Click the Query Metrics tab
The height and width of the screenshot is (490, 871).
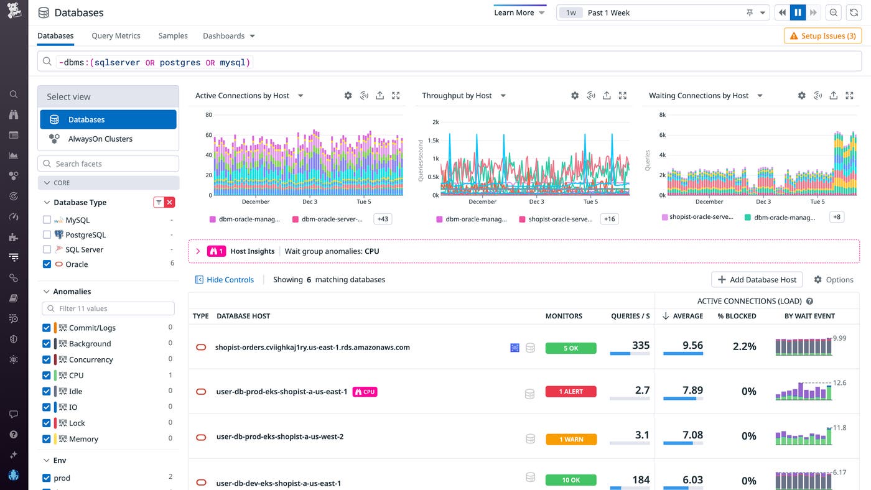116,35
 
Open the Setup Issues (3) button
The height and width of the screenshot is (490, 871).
822,36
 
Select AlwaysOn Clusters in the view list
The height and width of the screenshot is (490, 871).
100,139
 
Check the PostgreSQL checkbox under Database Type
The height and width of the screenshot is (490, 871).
47,234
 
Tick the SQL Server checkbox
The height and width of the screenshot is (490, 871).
47,249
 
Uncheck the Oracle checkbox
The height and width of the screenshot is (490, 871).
47,264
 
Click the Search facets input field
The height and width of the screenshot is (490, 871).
108,164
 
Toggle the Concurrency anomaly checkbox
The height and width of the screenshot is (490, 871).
47,359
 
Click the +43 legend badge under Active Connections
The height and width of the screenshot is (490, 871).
382,219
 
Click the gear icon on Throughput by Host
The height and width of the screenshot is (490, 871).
575,96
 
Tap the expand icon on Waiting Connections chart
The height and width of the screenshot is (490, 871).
850,96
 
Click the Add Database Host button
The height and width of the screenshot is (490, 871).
757,280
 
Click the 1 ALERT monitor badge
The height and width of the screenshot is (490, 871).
571,392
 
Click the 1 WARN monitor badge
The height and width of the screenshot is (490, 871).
571,439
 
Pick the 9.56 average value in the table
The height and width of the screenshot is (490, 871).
692,345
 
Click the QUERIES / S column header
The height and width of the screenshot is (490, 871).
630,316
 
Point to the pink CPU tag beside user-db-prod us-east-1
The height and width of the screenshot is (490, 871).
365,392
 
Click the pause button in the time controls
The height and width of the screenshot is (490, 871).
798,12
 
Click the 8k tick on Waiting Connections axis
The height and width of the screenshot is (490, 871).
663,115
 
